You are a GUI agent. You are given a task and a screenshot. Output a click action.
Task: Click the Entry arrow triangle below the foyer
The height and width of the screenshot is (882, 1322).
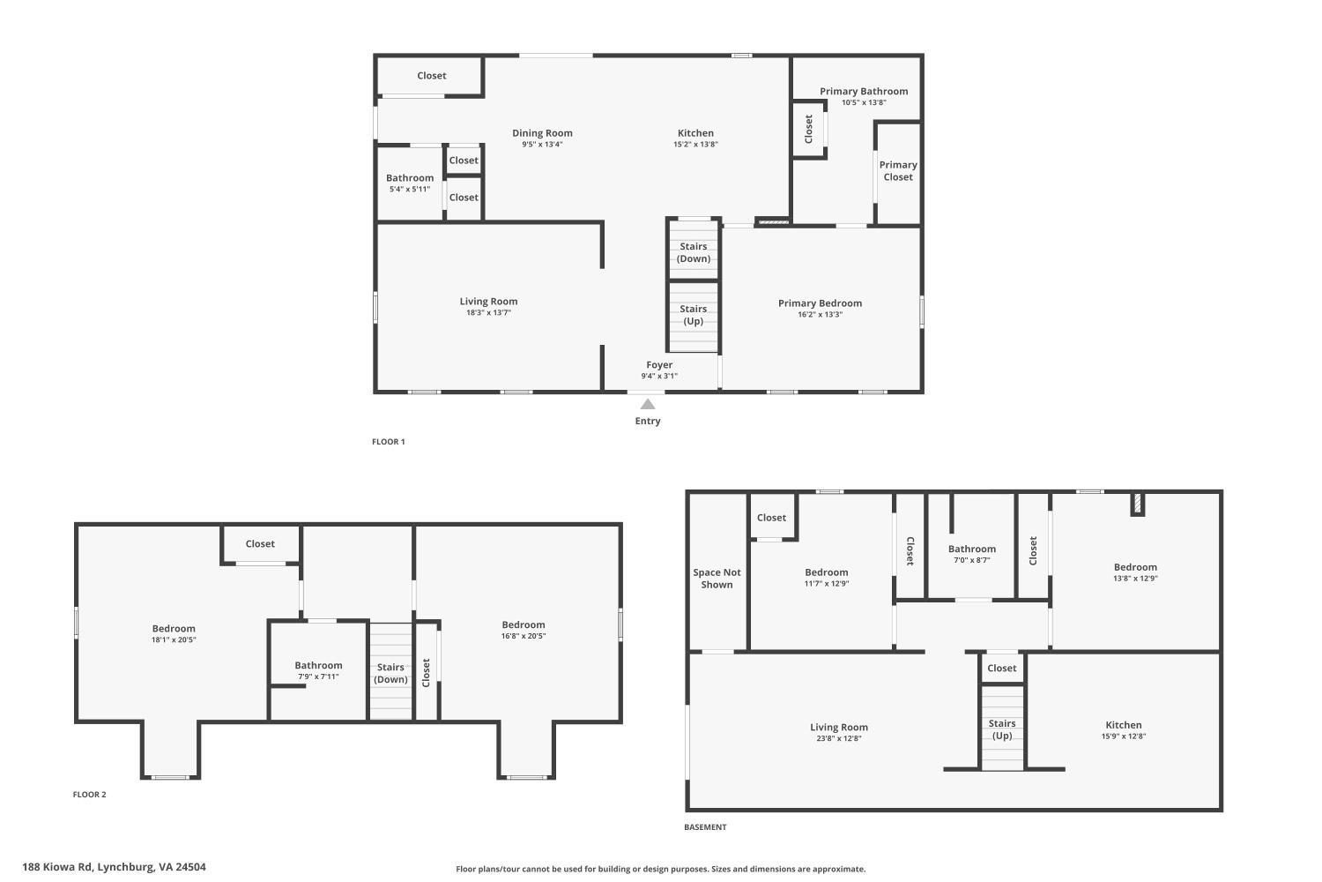click(x=648, y=405)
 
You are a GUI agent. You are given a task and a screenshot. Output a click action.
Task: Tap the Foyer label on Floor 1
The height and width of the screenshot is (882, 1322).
click(x=659, y=365)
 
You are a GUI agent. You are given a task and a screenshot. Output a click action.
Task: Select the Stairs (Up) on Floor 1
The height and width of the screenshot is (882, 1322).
click(x=694, y=315)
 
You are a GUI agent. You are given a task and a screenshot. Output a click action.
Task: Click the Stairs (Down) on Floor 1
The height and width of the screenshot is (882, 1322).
click(x=694, y=252)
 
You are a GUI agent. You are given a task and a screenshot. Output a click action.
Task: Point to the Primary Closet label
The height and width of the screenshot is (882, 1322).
click(x=898, y=171)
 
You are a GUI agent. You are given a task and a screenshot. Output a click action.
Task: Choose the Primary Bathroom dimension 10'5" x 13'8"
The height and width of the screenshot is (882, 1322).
click(x=864, y=102)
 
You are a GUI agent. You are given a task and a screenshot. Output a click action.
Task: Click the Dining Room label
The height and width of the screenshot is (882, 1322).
click(x=542, y=133)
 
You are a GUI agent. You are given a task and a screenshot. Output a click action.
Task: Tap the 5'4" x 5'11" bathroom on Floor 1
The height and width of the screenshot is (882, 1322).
click(x=410, y=183)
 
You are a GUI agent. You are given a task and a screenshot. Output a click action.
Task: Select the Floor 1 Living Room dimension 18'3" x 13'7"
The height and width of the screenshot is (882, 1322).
click(x=488, y=312)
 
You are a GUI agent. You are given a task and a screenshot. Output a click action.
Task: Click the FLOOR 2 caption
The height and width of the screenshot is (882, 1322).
click(x=89, y=795)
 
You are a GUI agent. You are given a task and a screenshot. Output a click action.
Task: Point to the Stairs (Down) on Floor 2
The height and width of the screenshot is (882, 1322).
click(x=390, y=673)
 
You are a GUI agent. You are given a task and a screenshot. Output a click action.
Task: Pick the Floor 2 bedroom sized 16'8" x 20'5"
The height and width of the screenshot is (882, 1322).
click(x=524, y=630)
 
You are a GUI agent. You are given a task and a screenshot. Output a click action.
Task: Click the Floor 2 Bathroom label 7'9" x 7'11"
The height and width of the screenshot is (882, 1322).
click(x=318, y=670)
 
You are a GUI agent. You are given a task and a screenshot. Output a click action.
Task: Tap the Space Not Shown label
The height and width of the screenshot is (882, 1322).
click(x=717, y=579)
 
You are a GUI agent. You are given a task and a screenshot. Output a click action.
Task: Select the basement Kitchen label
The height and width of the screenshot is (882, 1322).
click(x=1123, y=725)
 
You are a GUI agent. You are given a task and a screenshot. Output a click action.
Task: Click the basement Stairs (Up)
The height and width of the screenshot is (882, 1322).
click(x=1002, y=729)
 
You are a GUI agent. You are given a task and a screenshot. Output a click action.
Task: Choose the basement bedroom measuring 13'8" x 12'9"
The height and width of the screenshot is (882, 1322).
click(x=1135, y=572)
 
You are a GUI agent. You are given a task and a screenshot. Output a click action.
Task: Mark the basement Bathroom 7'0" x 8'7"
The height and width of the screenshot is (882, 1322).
click(x=971, y=554)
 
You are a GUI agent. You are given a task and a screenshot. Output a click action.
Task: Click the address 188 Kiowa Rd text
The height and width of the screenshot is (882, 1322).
click(x=114, y=867)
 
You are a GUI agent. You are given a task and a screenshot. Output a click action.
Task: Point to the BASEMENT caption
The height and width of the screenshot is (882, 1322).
click(x=705, y=827)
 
